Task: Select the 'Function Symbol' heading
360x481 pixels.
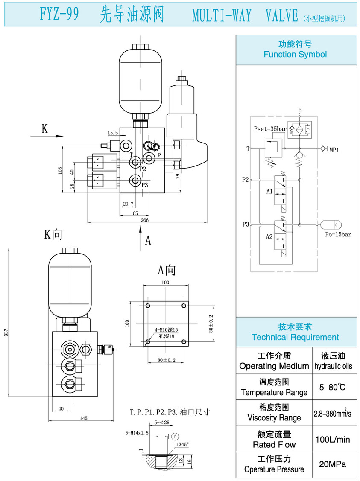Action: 295,54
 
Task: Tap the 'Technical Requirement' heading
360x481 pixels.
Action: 295,337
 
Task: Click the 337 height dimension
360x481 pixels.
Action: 6,333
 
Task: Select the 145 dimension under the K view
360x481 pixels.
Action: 83,418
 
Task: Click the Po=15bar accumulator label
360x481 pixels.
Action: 338,234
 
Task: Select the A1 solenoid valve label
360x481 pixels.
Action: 269,192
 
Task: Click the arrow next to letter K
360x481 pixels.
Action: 47,137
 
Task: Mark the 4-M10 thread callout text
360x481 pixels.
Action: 166,329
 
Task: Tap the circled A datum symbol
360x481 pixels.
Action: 175,436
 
